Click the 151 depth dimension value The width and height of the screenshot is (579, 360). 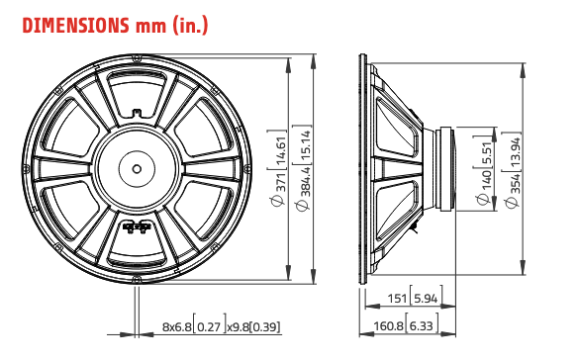click(x=397, y=297)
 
